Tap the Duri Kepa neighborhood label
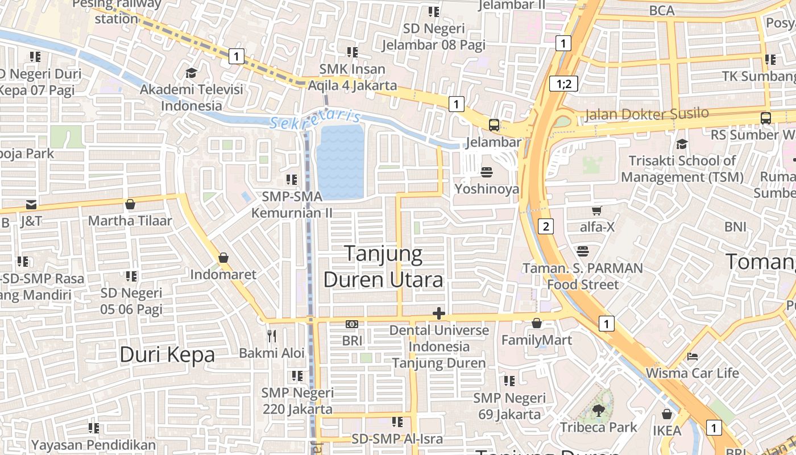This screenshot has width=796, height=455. [x=167, y=355]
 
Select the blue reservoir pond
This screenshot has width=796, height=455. [x=341, y=162]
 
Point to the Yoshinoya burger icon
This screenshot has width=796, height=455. [x=487, y=172]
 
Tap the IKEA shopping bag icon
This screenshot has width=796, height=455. [x=667, y=414]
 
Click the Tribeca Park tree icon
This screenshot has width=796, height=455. [x=598, y=409]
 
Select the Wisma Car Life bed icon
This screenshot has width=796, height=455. [x=693, y=357]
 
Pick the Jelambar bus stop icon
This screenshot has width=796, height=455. [x=494, y=125]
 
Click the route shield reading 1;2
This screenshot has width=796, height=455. [x=563, y=84]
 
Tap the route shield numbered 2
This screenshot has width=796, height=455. [x=546, y=226]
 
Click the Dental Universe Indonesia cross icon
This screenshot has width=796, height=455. [x=438, y=313]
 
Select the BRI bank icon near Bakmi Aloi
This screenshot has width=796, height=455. [x=352, y=324]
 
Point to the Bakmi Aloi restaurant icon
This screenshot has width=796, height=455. [x=272, y=336]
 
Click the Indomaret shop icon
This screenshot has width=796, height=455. [x=223, y=258]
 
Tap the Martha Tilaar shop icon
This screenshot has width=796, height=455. [x=130, y=204]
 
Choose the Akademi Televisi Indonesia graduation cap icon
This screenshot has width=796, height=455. [x=191, y=73]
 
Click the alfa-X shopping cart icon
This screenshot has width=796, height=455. [x=597, y=211]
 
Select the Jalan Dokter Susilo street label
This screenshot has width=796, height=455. [x=647, y=114]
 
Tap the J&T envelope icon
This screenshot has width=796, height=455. [x=31, y=205]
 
